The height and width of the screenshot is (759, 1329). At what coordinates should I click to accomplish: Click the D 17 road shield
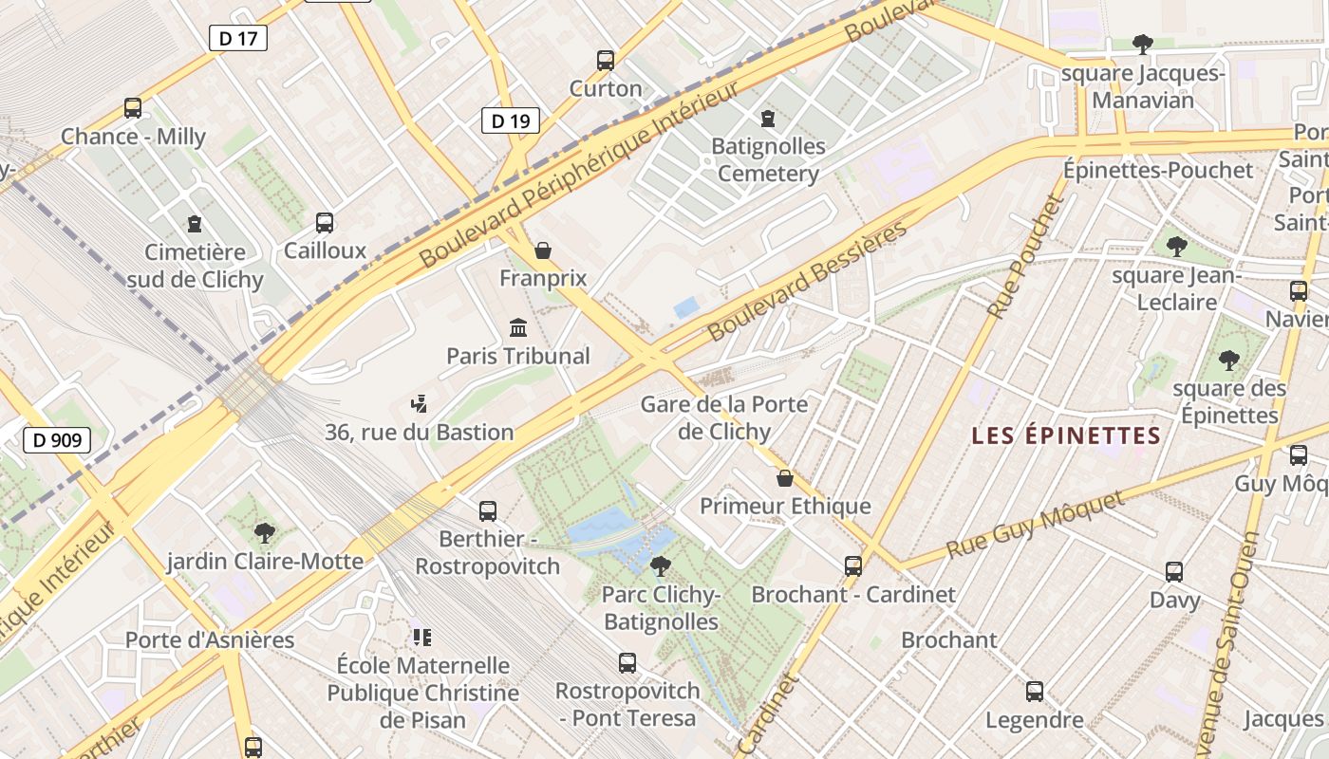(237, 38)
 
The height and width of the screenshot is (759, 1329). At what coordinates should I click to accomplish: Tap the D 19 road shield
(510, 120)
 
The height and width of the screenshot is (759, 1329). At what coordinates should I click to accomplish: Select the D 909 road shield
(57, 440)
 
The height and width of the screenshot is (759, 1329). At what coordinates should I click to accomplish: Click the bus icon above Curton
(606, 61)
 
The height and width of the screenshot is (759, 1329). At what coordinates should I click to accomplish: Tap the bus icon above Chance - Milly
(133, 108)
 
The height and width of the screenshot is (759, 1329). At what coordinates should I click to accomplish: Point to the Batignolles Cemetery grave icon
(768, 119)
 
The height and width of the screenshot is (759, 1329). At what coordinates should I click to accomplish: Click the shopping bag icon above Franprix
(543, 250)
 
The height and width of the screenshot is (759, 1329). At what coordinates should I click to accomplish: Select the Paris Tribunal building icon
(518, 328)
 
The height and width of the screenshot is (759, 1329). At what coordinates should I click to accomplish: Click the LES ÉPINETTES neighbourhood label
(1066, 435)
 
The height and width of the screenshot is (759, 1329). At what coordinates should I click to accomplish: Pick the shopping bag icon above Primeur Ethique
(785, 477)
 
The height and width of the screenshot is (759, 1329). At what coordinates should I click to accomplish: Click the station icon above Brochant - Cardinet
(853, 566)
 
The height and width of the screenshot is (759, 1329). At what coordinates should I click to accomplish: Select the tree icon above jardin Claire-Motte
(265, 533)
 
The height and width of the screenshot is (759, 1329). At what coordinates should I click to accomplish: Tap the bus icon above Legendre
(1035, 692)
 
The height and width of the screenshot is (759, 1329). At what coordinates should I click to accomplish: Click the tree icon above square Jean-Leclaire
(1177, 247)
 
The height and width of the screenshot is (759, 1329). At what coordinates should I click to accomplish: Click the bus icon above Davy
(1174, 572)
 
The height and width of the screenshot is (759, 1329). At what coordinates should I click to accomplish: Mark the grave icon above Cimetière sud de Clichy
(195, 224)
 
